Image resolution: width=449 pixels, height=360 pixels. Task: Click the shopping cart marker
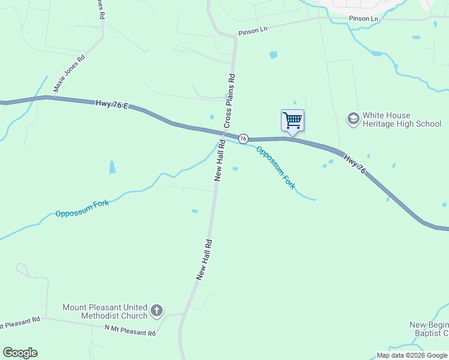292,120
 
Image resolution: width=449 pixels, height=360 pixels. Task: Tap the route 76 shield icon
243,139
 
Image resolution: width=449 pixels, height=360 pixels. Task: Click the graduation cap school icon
354,119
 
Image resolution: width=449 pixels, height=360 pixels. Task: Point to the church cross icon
156,311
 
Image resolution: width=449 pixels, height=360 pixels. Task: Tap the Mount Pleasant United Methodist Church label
105,311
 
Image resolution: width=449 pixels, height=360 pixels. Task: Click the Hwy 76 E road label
112,104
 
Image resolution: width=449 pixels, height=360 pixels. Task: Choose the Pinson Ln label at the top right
364,19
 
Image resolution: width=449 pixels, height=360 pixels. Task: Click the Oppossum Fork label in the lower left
82,208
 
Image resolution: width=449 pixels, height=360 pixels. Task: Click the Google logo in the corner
20,353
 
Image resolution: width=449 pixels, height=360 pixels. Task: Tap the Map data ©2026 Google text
412,355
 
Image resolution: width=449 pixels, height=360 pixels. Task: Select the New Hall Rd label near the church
205,259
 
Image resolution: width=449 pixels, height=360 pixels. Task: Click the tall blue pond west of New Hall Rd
112,167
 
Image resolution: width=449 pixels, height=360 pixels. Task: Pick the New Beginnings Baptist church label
429,329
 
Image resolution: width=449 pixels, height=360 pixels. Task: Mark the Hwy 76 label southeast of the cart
354,163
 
